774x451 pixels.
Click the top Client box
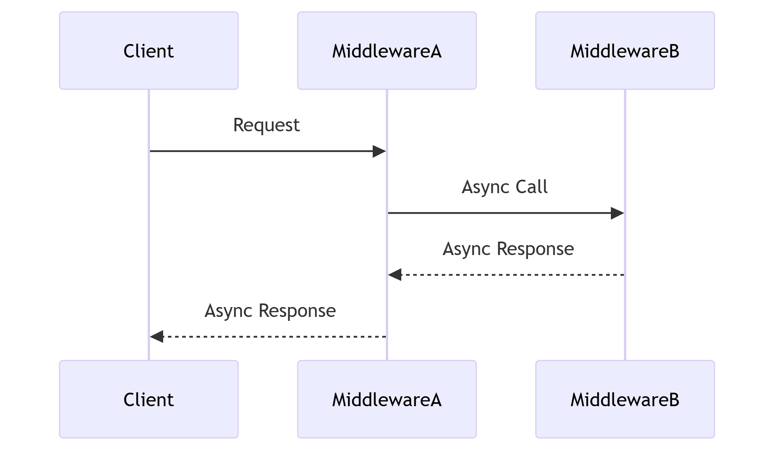point(149,51)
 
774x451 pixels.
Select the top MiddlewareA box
point(387,51)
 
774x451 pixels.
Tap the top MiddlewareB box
point(625,51)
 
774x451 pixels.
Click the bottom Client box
point(149,399)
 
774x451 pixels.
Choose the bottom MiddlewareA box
point(387,399)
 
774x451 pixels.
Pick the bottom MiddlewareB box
point(625,399)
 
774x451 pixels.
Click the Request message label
point(266,125)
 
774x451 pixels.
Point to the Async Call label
point(504,187)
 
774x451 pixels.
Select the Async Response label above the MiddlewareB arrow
point(508,249)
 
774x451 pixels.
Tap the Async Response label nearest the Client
point(270,311)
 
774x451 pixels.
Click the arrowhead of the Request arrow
point(379,151)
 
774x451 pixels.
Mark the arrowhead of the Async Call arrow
point(617,213)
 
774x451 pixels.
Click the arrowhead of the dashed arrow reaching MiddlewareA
point(395,274)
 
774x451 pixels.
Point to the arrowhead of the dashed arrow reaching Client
point(157,336)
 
